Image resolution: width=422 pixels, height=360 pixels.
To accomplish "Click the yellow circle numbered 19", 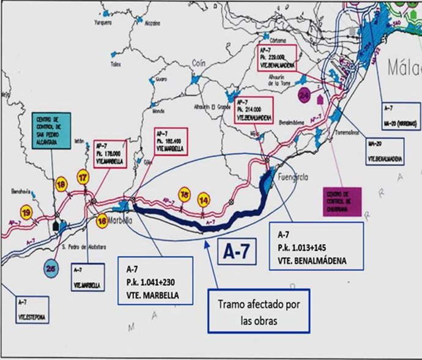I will (x=26, y=212).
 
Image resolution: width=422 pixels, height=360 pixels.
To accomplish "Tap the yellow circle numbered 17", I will (x=83, y=178).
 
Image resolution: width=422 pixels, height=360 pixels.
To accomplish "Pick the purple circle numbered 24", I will (x=305, y=95).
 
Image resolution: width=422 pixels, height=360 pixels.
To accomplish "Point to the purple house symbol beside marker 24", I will (x=320, y=98).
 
